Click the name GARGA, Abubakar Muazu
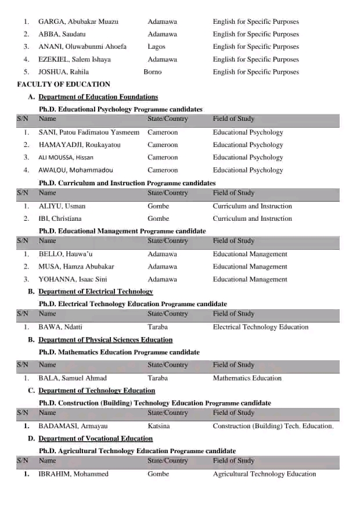coord(78,21)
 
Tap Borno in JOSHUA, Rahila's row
coord(152,72)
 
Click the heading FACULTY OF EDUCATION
coord(56,84)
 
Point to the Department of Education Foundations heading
coord(98,97)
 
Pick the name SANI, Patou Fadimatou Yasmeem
coord(89,132)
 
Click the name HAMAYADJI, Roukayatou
coord(80,145)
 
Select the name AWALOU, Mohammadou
coord(75,170)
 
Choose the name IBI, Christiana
coord(60,219)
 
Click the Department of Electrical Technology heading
coord(96,292)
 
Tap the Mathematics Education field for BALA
coord(247,378)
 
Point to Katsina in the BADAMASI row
coord(159,426)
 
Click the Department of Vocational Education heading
coord(96,439)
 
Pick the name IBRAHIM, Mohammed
coord(73,474)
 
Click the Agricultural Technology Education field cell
coord(264,474)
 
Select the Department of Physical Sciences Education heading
coord(105,340)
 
